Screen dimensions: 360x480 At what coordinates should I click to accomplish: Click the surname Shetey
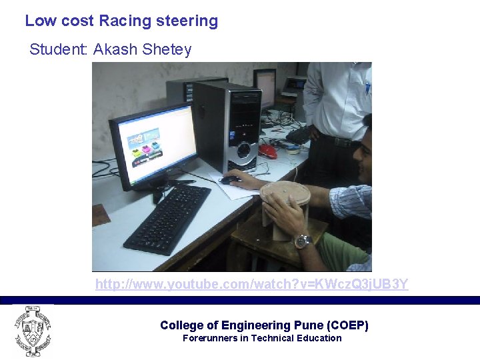click(167, 50)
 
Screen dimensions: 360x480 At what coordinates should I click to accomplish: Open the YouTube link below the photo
click(251, 285)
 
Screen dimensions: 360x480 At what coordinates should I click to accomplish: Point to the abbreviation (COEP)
click(348, 325)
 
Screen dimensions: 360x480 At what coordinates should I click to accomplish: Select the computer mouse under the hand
click(231, 179)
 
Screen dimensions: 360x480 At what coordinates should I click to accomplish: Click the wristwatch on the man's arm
click(303, 241)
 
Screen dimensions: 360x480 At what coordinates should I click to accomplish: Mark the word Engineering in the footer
click(257, 325)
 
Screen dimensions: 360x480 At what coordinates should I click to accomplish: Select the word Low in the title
click(40, 21)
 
